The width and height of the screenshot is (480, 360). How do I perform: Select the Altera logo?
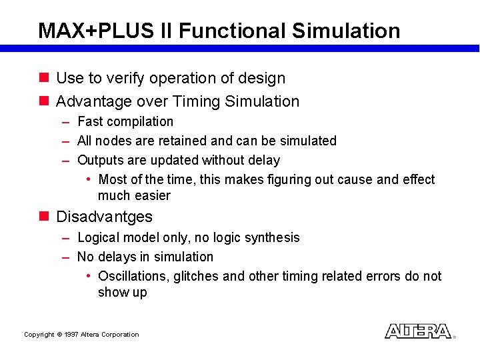tap(418, 331)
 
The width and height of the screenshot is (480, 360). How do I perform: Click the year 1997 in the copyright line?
tap(71, 335)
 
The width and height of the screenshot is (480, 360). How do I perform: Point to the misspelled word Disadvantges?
tap(104, 217)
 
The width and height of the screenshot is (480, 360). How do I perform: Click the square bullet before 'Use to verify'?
tap(44, 78)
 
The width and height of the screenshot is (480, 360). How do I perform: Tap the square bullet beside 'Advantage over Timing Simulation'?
tap(44, 101)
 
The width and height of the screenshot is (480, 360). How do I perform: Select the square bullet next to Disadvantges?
tap(44, 217)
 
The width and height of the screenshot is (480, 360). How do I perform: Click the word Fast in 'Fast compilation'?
tap(89, 121)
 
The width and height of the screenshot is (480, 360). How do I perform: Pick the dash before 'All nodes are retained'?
tap(65, 141)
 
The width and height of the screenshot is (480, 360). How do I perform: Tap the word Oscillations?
tap(133, 276)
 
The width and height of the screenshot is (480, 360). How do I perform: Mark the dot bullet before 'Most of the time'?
tap(89, 180)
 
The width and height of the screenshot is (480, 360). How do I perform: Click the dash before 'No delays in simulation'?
tap(65, 257)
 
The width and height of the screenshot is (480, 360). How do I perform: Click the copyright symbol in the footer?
tap(59, 335)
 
